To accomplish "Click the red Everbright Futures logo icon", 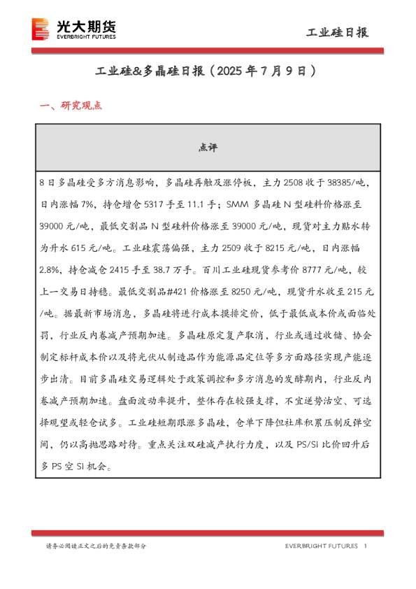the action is click(43, 29).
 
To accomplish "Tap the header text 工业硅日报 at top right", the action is click(338, 32).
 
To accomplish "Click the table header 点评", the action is click(208, 148).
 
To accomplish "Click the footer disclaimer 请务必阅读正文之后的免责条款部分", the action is click(96, 546).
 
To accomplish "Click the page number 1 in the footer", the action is click(366, 546).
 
